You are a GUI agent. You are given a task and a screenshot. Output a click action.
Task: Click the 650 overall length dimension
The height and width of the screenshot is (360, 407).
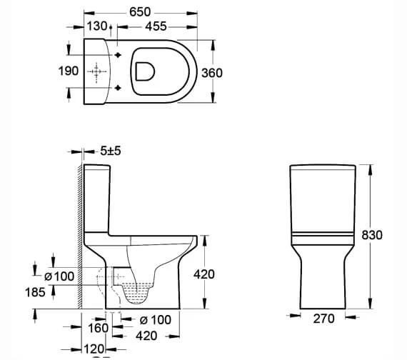(x=139, y=11)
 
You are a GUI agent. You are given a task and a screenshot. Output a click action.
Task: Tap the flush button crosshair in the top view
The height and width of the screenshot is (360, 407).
(x=96, y=72)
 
